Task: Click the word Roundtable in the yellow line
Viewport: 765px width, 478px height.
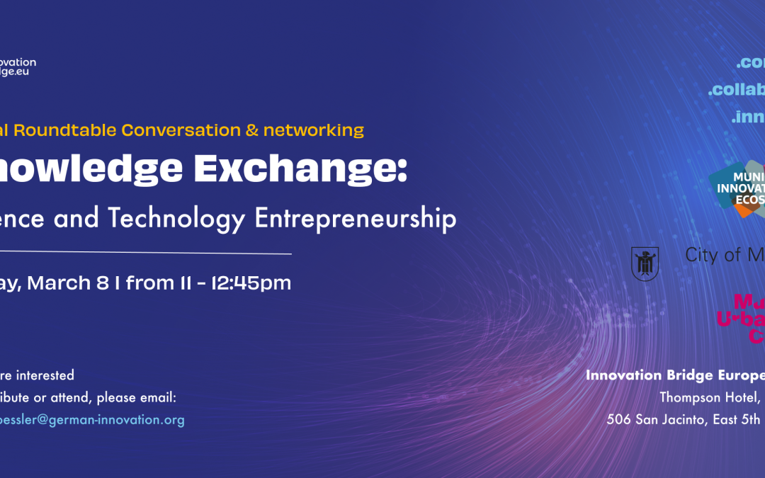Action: [67, 130]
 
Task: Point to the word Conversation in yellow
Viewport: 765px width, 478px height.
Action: [181, 130]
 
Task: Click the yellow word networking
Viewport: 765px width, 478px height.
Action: [313, 130]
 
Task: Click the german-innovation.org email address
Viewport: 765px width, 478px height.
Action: [92, 420]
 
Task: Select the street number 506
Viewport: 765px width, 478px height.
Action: [620, 419]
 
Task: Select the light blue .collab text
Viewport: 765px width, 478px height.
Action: [736, 90]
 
